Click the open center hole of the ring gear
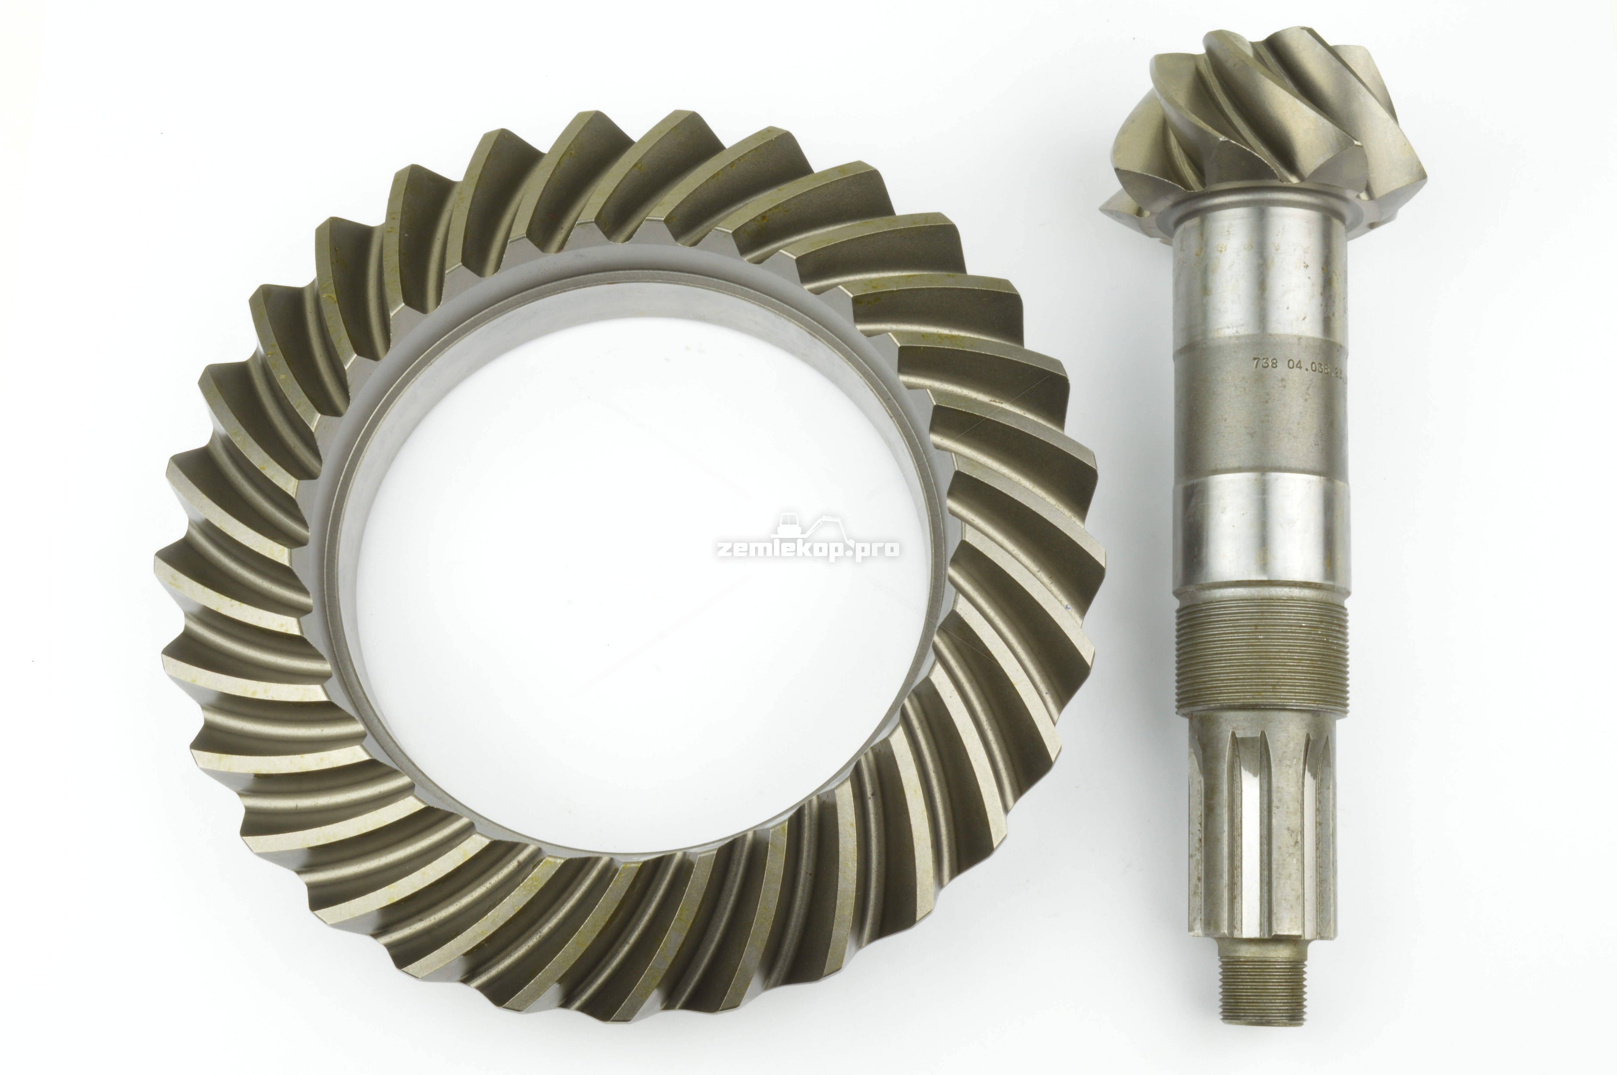pyautogui.click(x=638, y=583)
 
